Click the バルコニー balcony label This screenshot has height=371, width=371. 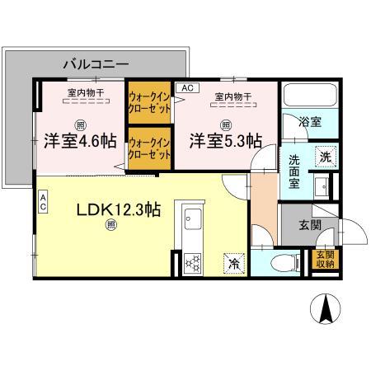tap(96, 63)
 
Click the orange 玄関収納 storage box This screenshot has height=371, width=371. tap(325, 260)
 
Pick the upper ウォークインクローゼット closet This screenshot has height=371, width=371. tap(148, 103)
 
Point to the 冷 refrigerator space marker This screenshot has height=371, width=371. tap(232, 264)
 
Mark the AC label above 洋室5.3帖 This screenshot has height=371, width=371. tap(186, 87)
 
